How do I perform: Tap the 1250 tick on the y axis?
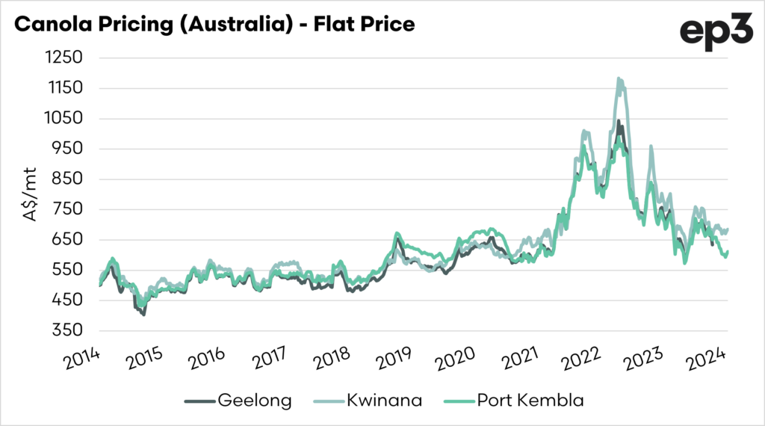pyautogui.click(x=64, y=58)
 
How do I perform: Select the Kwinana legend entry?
pyautogui.click(x=382, y=401)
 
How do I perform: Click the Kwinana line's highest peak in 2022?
pyautogui.click(x=619, y=78)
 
